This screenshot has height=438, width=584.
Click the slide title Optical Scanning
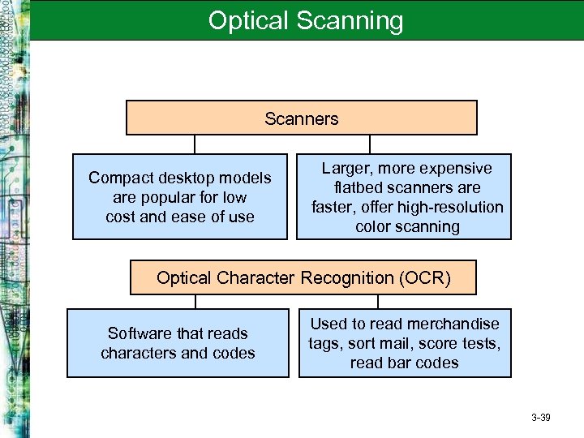[x=305, y=20]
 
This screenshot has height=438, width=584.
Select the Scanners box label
[x=301, y=118]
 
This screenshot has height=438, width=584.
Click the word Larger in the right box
[x=346, y=168]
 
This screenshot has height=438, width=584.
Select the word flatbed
[x=348, y=187]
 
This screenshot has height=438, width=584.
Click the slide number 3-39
[x=540, y=418]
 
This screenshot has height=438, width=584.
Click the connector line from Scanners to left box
[x=195, y=144]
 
